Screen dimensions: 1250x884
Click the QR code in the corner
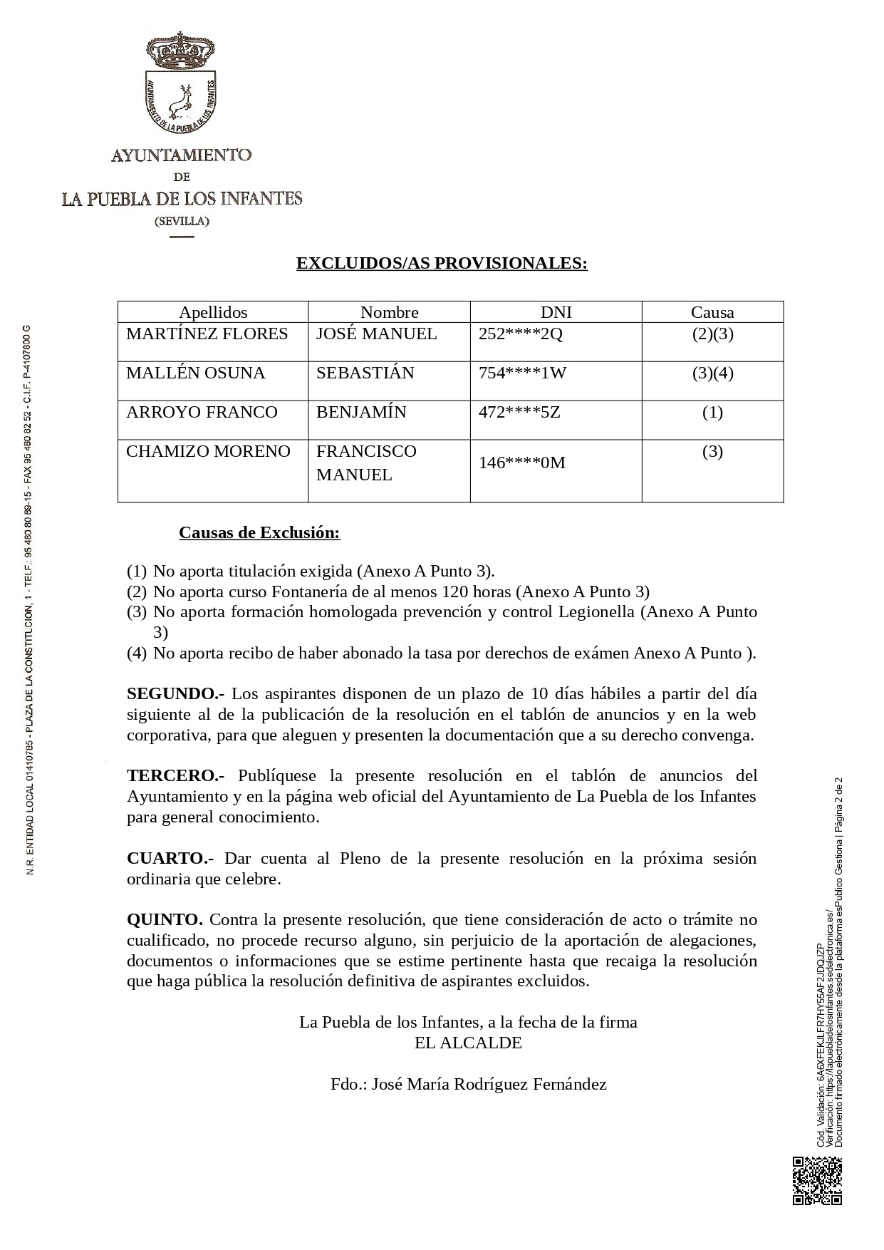(x=817, y=1181)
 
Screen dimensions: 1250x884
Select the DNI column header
(x=556, y=312)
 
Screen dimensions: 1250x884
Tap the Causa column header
(x=712, y=312)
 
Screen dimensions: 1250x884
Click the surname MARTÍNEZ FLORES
(x=207, y=334)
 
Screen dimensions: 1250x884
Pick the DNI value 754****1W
(x=522, y=373)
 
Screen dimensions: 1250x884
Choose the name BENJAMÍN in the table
(x=361, y=412)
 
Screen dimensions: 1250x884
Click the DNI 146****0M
(x=522, y=463)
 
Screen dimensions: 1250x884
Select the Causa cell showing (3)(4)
(x=712, y=373)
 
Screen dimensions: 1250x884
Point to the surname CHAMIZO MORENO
(x=208, y=451)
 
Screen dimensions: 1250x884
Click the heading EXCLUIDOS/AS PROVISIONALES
(x=442, y=263)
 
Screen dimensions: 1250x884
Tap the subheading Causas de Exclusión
(x=259, y=532)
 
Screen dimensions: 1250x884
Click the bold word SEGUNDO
(x=175, y=693)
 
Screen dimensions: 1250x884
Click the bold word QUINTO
(x=165, y=919)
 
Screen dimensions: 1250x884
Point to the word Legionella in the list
(x=595, y=611)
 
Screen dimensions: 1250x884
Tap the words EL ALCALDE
(x=468, y=1043)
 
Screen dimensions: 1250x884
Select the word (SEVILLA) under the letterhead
(x=182, y=221)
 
